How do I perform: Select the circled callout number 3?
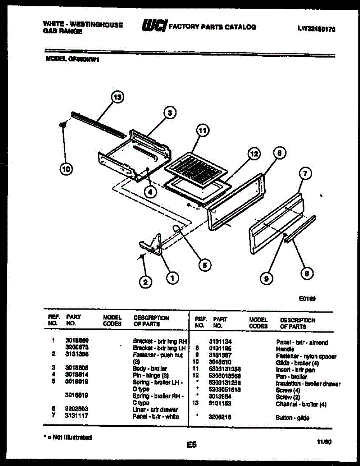click(x=170, y=113)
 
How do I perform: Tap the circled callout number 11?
click(x=202, y=131)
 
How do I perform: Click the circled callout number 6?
click(x=279, y=153)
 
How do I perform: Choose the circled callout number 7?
click(x=305, y=174)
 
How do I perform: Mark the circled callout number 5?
click(x=205, y=265)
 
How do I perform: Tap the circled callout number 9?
click(x=266, y=278)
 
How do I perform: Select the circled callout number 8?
click(x=306, y=274)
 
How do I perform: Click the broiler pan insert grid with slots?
click(x=195, y=167)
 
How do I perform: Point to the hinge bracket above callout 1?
click(x=152, y=245)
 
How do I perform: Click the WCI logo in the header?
click(x=155, y=26)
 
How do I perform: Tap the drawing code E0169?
click(x=307, y=299)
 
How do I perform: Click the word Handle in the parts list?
click(x=285, y=349)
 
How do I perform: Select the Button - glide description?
click(x=292, y=418)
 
